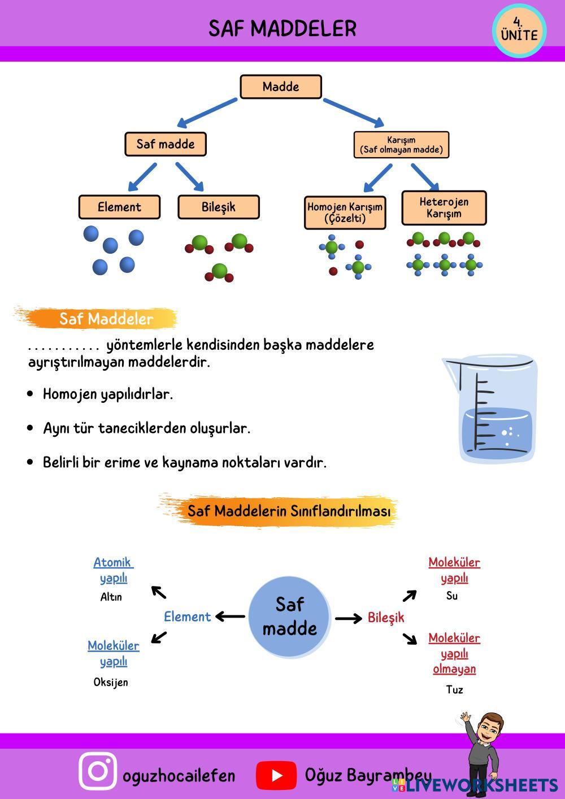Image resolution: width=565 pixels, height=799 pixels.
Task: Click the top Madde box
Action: click(x=281, y=87)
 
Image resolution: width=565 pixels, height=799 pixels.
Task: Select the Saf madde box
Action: click(x=165, y=144)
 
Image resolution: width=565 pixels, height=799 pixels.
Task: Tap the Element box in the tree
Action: click(x=119, y=207)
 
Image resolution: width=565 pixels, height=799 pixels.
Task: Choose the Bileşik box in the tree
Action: click(x=218, y=207)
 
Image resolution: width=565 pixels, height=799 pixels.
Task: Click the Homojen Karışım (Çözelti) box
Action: click(x=345, y=212)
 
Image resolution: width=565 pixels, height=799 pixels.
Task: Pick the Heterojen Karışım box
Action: click(x=444, y=207)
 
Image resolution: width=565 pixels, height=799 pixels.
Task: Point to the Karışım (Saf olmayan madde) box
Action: click(x=401, y=145)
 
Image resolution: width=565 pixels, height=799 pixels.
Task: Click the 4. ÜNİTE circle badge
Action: click(x=519, y=32)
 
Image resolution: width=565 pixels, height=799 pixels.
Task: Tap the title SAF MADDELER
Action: click(x=282, y=28)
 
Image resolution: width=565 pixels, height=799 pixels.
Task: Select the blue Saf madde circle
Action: click(x=289, y=616)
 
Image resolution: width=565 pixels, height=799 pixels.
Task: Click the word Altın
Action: click(x=111, y=597)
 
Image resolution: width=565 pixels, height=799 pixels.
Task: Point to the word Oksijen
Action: click(x=111, y=682)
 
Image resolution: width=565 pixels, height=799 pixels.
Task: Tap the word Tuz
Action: click(x=454, y=689)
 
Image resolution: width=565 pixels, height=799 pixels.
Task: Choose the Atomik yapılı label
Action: click(x=113, y=570)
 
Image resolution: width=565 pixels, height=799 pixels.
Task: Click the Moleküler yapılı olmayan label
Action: click(x=454, y=653)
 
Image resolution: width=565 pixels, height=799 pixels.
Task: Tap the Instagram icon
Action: click(x=98, y=771)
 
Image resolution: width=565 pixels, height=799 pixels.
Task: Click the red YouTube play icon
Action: click(x=276, y=775)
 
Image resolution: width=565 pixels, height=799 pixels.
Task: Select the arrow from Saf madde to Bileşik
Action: click(x=349, y=618)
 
